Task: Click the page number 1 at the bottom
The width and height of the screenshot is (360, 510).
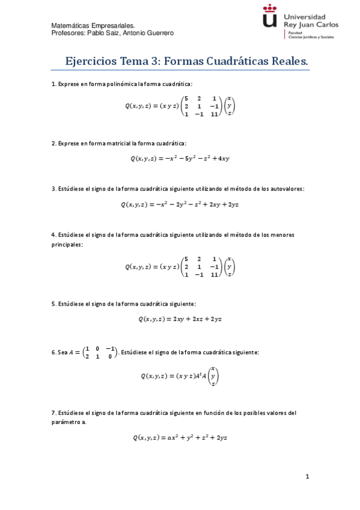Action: click(x=307, y=477)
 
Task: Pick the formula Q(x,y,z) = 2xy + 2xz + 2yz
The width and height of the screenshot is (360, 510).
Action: click(x=180, y=319)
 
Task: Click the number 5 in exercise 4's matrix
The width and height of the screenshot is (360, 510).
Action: click(x=187, y=259)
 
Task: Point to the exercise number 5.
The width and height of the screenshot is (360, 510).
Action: click(x=53, y=304)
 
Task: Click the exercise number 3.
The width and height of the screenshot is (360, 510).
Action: click(x=53, y=189)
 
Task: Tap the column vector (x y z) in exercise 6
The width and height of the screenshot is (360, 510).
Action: click(x=214, y=376)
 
